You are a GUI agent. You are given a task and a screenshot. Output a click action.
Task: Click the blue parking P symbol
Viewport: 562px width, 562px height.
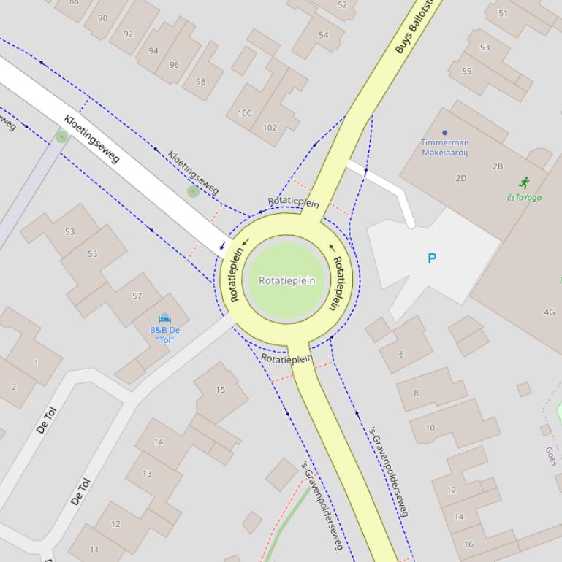click(432, 258)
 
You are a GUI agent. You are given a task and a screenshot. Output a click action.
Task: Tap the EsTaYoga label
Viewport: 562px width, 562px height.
click(524, 197)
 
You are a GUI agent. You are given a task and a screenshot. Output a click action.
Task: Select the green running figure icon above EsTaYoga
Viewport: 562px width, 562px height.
click(523, 182)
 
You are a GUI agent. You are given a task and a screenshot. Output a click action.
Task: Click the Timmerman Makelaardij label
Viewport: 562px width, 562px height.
click(445, 147)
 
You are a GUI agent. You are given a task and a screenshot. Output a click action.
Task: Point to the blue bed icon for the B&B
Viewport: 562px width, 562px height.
click(164, 318)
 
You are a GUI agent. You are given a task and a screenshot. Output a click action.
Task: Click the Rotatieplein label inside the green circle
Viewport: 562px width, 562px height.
click(286, 280)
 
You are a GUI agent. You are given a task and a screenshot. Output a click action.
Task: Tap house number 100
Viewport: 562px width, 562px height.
click(245, 113)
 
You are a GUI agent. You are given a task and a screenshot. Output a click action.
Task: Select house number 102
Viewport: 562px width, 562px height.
click(270, 128)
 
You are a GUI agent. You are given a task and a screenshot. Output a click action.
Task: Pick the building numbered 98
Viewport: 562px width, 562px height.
click(200, 81)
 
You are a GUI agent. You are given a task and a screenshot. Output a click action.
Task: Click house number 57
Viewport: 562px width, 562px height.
click(137, 296)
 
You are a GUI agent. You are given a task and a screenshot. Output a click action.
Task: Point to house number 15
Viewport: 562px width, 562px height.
click(220, 390)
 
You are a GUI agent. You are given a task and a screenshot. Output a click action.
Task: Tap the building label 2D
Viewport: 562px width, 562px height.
click(460, 178)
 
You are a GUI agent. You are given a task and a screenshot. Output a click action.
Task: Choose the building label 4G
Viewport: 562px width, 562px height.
click(549, 312)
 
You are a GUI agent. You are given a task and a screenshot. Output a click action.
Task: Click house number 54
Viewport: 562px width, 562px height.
click(323, 35)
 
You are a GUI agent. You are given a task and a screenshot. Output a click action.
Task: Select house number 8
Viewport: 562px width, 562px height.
click(416, 393)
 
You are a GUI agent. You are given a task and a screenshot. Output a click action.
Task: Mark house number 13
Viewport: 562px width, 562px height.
click(147, 473)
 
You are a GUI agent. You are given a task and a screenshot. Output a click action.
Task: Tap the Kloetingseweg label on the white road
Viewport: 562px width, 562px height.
click(91, 139)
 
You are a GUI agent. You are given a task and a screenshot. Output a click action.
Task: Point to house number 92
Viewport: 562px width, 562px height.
click(129, 34)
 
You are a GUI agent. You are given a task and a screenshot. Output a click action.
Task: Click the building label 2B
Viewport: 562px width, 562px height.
click(498, 166)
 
